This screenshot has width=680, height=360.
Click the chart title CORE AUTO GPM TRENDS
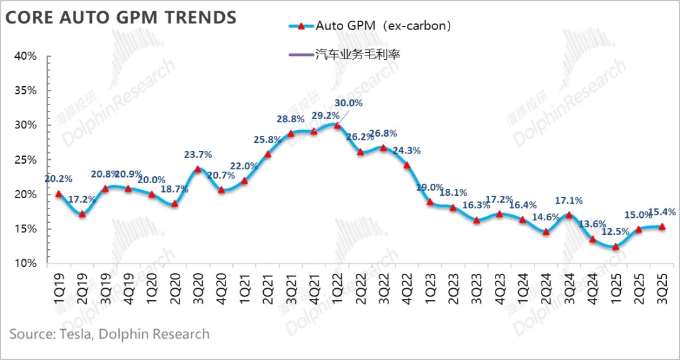(121, 17)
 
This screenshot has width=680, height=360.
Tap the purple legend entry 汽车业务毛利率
(358, 54)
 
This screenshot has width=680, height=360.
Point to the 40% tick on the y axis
(25, 56)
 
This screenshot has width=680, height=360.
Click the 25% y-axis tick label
(25, 160)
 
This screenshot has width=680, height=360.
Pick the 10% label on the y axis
(25, 263)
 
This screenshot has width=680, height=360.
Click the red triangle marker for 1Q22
(337, 125)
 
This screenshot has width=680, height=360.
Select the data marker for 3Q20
(198, 169)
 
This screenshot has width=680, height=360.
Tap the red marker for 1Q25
(615, 246)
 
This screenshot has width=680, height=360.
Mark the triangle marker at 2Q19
(82, 214)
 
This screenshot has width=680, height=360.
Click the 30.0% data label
(348, 103)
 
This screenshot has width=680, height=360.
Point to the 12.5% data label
(615, 232)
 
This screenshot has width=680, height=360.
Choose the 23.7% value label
(198, 154)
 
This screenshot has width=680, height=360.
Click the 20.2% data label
(59, 179)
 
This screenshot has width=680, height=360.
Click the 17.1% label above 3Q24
(569, 201)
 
